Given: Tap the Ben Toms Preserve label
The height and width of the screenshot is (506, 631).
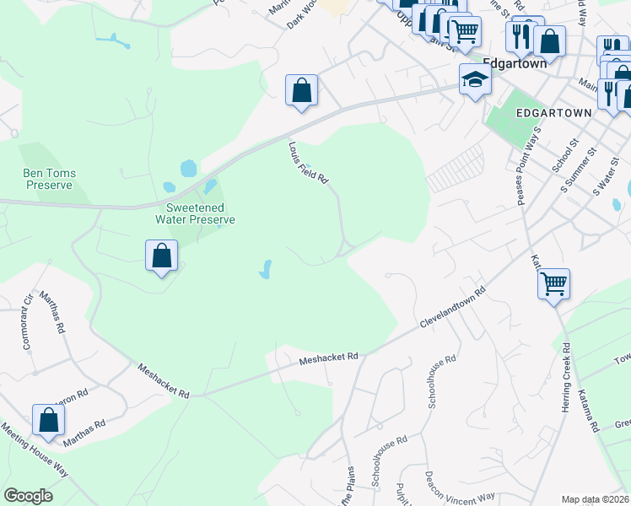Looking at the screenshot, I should pos(49,179).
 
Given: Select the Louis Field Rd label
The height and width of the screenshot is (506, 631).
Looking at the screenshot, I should pos(307,163).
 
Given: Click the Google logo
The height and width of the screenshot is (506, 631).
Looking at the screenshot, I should pos(28,496).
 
